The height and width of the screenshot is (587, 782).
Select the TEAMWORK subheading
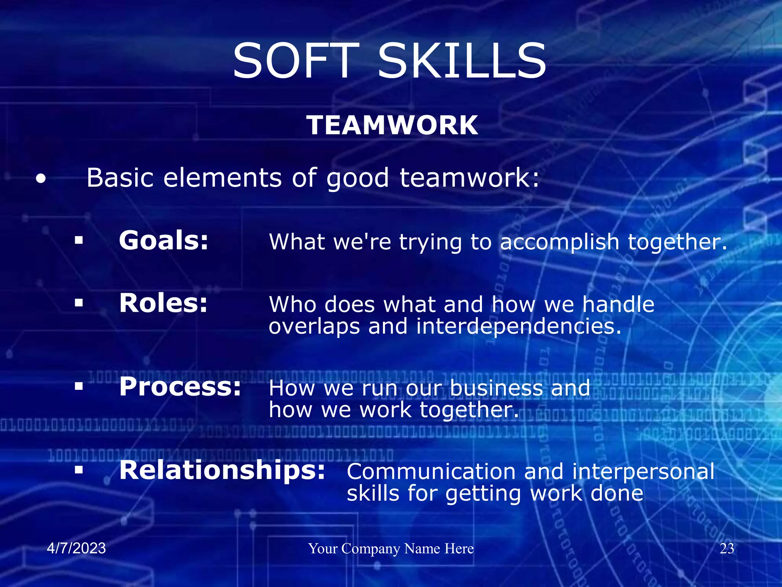(x=392, y=125)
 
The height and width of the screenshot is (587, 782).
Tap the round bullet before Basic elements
(x=41, y=179)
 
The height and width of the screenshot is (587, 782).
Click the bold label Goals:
(x=164, y=240)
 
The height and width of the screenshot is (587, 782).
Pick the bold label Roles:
(x=163, y=303)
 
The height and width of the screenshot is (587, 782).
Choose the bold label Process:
(x=180, y=387)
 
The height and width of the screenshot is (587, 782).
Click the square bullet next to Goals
(x=79, y=240)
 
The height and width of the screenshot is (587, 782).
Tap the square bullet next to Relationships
(x=79, y=470)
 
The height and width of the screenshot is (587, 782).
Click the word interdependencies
(x=519, y=327)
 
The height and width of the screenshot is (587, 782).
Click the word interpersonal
(x=643, y=472)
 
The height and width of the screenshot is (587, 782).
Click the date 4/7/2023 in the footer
(x=76, y=548)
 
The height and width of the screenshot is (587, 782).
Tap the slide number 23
(x=727, y=549)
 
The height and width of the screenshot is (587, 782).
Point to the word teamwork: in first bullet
(x=470, y=178)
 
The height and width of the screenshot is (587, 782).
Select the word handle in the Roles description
(x=618, y=305)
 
